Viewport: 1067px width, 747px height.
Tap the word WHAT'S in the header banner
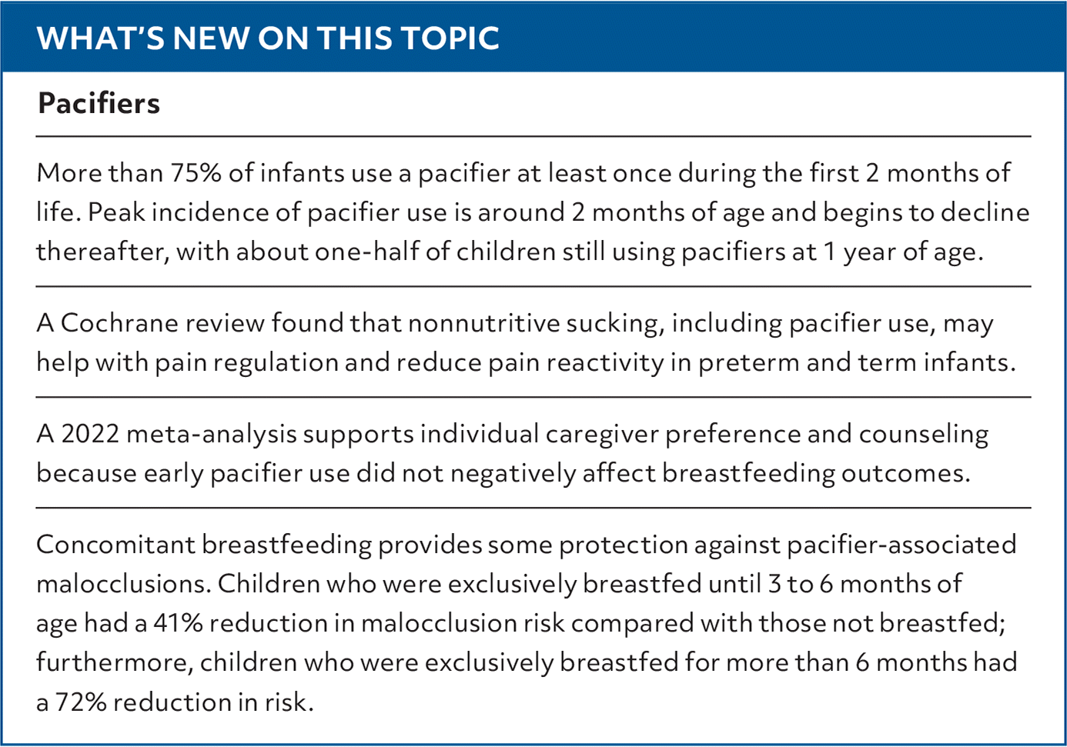coord(100,38)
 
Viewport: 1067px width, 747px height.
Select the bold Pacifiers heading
coord(99,104)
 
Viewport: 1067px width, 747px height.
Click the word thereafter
coord(102,252)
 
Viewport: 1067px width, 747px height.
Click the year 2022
coord(89,434)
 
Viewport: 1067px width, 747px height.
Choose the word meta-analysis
coord(211,434)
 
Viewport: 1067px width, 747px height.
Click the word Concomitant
coord(115,545)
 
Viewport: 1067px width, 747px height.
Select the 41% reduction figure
coord(178,623)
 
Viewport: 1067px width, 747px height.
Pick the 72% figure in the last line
coord(81,702)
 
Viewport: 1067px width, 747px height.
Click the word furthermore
coord(114,663)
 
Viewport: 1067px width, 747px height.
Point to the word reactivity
coord(604,362)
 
